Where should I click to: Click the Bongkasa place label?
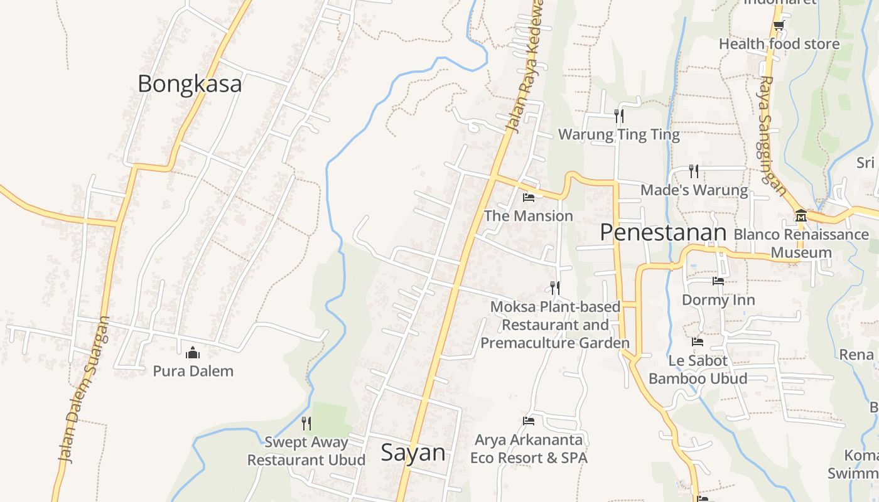coord(189,83)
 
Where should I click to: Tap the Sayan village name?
coord(413,452)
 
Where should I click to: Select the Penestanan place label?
coord(663,232)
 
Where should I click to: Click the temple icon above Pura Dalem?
coord(193,353)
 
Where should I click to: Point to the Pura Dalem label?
coord(193,371)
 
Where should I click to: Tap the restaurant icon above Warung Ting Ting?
coord(618,116)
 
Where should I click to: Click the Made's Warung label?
coord(694,190)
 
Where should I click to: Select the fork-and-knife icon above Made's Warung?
coord(694,171)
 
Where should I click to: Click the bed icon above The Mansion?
coord(529,198)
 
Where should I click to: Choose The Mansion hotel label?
coord(528,216)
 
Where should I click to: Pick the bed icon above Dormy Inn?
coord(718,281)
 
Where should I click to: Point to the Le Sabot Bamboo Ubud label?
coord(698,370)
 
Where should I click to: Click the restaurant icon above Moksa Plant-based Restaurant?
coord(555,287)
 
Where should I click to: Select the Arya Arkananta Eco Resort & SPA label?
coord(529,449)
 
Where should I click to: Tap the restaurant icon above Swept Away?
coord(306,424)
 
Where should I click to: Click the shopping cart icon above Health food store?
coord(779,26)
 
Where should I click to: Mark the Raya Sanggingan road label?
coord(772,135)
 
